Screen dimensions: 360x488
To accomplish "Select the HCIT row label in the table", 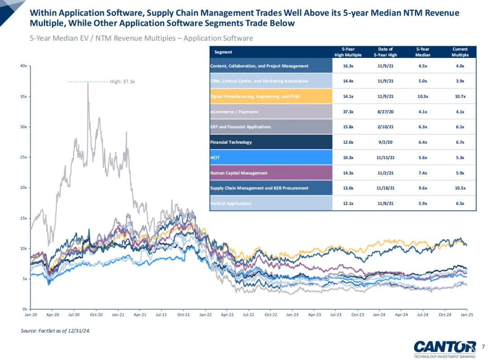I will click(215, 157).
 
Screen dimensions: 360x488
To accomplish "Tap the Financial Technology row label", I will click(231, 142).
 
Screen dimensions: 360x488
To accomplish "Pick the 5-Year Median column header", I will click(423, 52).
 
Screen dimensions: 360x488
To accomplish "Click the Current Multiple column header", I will click(460, 52).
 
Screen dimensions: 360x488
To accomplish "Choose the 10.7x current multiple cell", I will click(460, 96).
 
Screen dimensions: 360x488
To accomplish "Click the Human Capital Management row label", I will click(239, 173).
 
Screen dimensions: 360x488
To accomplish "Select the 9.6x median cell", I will click(423, 188).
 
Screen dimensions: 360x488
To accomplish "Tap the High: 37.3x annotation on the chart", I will click(122, 82).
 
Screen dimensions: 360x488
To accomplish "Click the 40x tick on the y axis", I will click(23, 66).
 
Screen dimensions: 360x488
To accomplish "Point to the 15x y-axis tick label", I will click(23, 218).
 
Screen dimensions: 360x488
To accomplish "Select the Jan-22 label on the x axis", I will click(205, 314).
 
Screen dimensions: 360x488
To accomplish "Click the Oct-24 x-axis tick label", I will click(445, 314).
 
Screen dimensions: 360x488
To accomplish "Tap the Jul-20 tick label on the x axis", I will click(74, 314).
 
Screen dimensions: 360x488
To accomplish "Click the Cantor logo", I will click(445, 347).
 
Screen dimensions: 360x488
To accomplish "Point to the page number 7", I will click(483, 347).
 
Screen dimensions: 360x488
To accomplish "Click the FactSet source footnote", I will click(55, 331).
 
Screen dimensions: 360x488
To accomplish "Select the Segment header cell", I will click(223, 52).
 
